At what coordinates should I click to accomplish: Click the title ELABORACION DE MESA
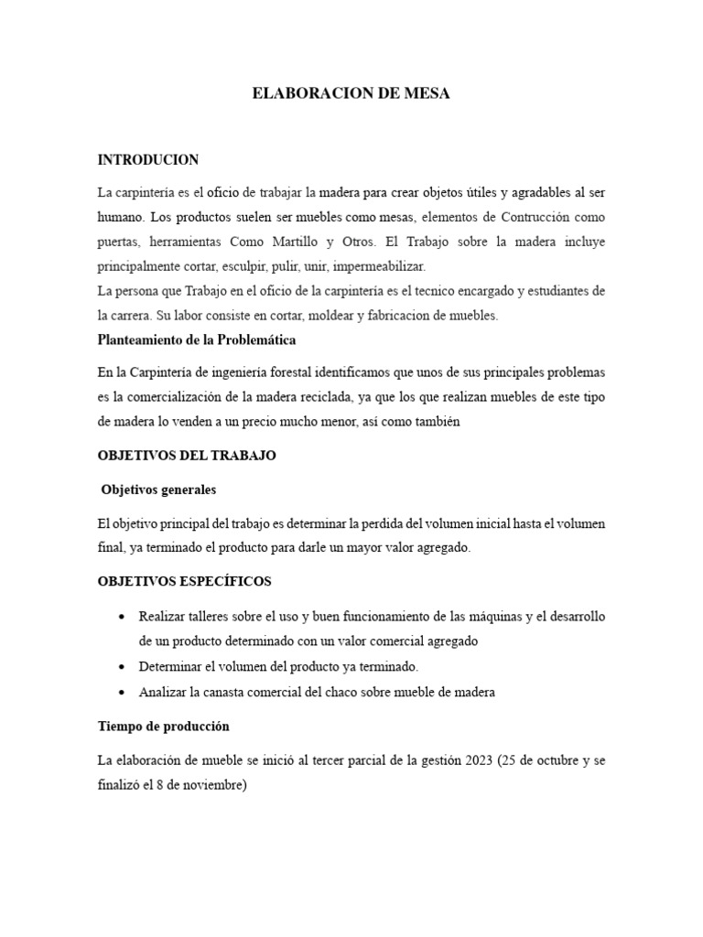click(x=351, y=94)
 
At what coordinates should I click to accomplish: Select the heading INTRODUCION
click(x=147, y=160)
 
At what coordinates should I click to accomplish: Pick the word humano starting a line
click(x=120, y=218)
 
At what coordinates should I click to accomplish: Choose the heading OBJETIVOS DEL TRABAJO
click(x=187, y=456)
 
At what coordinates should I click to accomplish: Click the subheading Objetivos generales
click(x=159, y=490)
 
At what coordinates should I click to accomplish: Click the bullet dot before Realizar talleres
click(x=122, y=617)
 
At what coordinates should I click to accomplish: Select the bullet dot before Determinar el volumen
click(x=122, y=666)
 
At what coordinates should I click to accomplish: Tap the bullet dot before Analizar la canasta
click(x=122, y=692)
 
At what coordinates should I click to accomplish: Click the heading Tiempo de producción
click(x=164, y=727)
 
